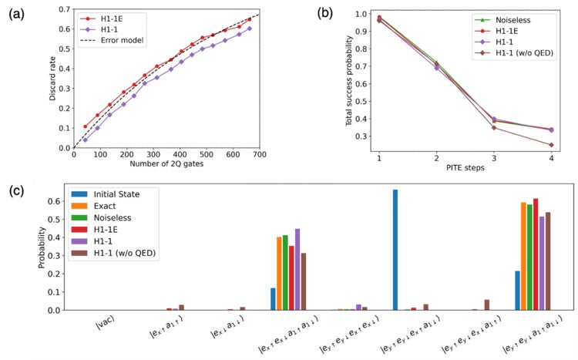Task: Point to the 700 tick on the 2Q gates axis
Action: pos(259,154)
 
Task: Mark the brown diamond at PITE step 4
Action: pos(551,145)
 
